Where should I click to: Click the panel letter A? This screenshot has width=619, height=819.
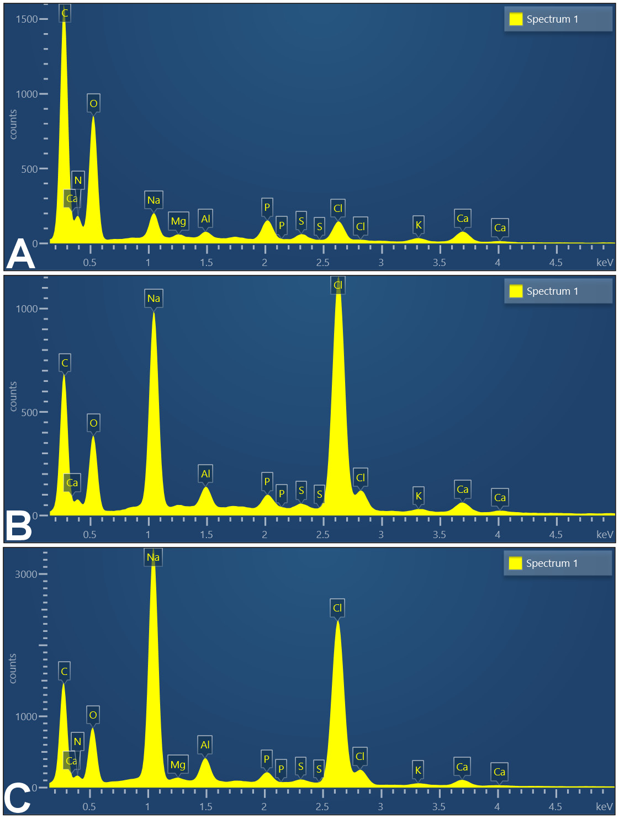(21, 254)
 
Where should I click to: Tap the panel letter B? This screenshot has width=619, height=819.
(19, 525)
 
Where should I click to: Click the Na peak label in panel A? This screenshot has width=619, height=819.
(154, 200)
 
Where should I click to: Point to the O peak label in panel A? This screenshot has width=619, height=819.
(93, 103)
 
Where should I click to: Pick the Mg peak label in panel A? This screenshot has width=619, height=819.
(178, 221)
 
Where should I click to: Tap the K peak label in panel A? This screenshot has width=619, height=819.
(419, 225)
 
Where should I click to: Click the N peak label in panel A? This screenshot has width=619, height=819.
(78, 180)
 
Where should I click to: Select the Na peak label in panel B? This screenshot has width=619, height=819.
(154, 298)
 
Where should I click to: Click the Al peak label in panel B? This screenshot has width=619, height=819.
(205, 474)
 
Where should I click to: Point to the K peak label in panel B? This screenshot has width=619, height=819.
(419, 496)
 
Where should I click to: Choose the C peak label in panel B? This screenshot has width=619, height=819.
(65, 363)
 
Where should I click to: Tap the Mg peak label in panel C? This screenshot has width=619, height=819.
(178, 764)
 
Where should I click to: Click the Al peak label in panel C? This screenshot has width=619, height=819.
(205, 744)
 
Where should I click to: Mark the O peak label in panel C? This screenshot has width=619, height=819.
(93, 715)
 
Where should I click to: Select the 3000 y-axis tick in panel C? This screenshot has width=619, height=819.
(26, 574)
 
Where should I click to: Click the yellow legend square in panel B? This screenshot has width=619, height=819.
(516, 291)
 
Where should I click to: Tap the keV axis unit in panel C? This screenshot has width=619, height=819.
(604, 806)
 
